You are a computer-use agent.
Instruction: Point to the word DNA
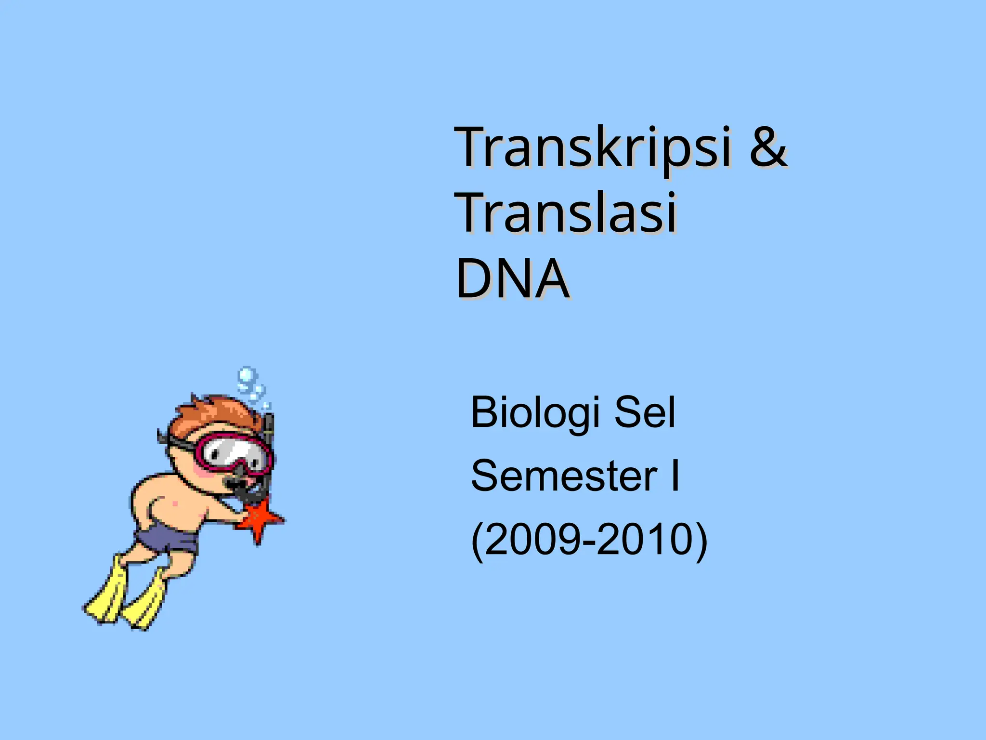click(512, 279)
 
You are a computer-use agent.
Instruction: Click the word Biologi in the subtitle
click(535, 413)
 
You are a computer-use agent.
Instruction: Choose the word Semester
click(564, 476)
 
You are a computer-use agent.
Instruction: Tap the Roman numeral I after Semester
click(675, 476)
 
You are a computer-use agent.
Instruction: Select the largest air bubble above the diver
click(246, 375)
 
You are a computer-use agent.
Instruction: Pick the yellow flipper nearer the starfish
click(144, 602)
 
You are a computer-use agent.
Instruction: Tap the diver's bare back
click(159, 501)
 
